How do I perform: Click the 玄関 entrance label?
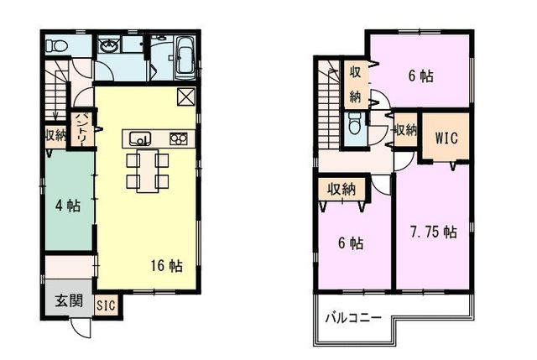(69, 301)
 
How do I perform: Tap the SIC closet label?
(106, 305)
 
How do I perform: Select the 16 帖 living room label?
(166, 265)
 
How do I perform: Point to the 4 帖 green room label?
(68, 206)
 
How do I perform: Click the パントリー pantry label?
(82, 129)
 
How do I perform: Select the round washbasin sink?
(109, 44)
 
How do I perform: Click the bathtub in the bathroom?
(185, 56)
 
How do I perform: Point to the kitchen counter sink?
(140, 138)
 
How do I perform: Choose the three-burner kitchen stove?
(179, 138)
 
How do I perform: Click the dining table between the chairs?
(148, 170)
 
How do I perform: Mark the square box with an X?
(186, 97)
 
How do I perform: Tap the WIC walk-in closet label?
(446, 138)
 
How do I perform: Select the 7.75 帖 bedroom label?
(433, 232)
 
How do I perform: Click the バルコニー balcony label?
(353, 318)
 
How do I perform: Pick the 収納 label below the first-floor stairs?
(55, 135)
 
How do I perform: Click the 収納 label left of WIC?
(405, 130)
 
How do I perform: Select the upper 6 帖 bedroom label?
(420, 76)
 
